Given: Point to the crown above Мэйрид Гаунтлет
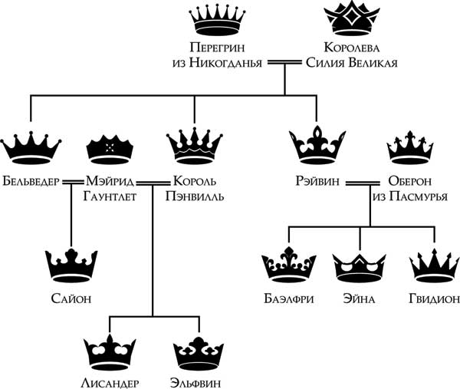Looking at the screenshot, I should coord(112,146).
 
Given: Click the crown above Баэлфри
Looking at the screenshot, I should coord(288,265).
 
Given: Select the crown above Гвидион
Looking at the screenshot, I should coord(434,265).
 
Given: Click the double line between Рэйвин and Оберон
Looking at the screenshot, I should coord(361,182).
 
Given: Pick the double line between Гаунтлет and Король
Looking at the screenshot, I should coord(153,182).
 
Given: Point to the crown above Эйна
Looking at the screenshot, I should coord(359,265).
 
